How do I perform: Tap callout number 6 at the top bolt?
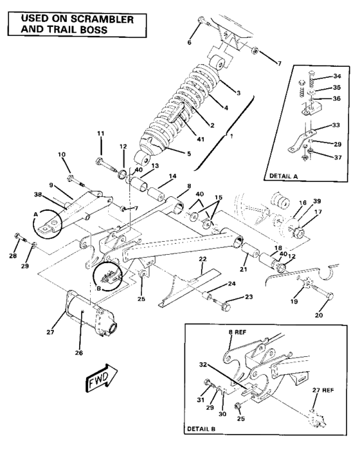pyautogui.click(x=189, y=42)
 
